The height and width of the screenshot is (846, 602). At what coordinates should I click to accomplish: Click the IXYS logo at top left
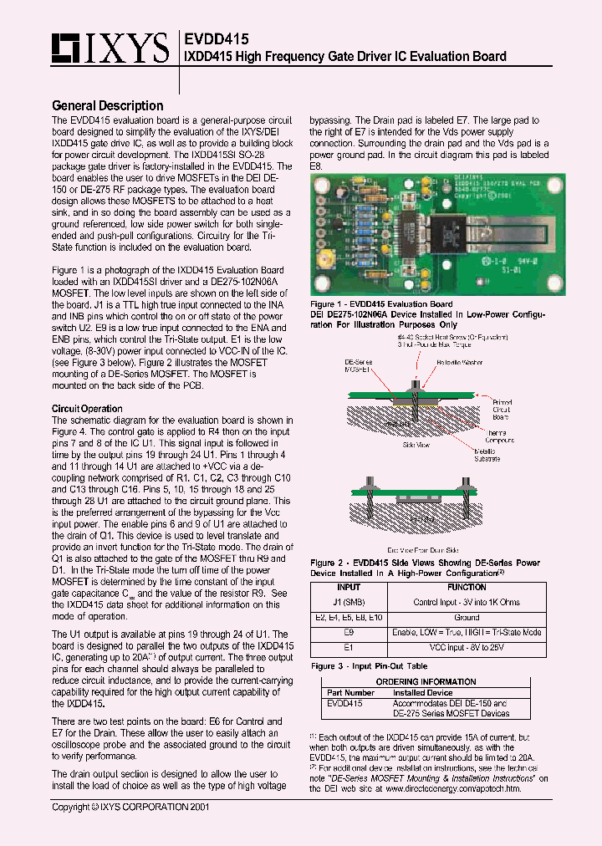110,49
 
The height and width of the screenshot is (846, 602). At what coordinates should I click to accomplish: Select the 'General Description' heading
107,105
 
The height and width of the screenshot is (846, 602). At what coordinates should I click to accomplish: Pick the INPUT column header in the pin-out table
349,587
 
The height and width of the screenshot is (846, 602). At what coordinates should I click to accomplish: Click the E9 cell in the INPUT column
349,633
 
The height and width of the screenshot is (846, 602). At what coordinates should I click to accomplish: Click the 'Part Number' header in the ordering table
351,692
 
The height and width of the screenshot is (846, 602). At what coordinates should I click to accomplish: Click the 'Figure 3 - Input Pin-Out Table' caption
369,666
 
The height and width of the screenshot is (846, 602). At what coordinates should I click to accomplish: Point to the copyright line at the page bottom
130,808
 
